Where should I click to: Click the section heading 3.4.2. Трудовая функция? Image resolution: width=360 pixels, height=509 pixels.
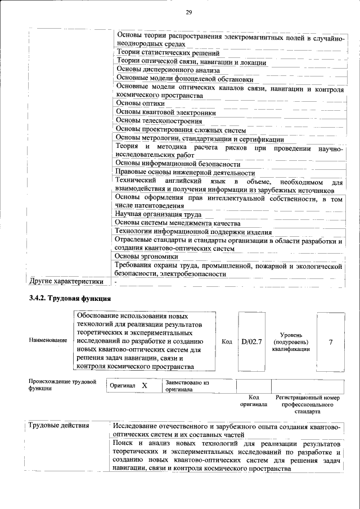tap(70, 298)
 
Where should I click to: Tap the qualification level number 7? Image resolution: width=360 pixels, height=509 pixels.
tap(330, 341)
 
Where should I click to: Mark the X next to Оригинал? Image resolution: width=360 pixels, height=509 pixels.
tap(145, 386)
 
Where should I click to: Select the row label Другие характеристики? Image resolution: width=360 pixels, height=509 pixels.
tap(66, 281)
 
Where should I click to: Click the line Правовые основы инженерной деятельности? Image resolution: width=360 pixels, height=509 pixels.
tap(184, 173)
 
